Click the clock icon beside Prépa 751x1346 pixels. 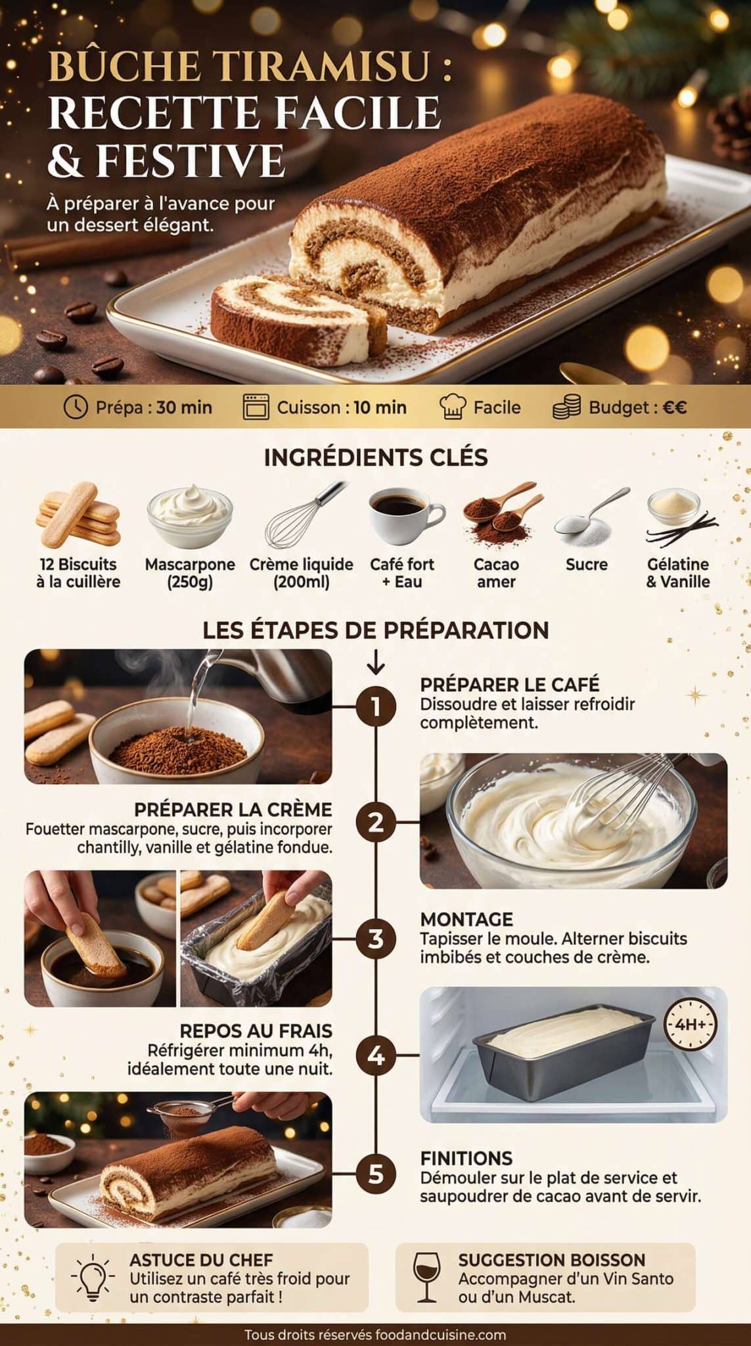pos(76,407)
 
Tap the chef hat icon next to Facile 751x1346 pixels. pos(452,407)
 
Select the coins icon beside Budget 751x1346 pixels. pos(566,407)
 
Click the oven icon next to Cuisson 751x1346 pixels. pos(256,407)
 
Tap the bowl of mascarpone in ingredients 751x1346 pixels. pos(189,516)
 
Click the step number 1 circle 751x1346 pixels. pos(376,707)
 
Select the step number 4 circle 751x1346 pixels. pos(376,1056)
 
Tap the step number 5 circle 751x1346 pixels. pos(376,1173)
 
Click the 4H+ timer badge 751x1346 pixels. pos(690,1024)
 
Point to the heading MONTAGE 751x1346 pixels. pos(467,919)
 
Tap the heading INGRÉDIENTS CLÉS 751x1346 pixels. pos(376,457)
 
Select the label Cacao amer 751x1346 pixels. pos(496,573)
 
